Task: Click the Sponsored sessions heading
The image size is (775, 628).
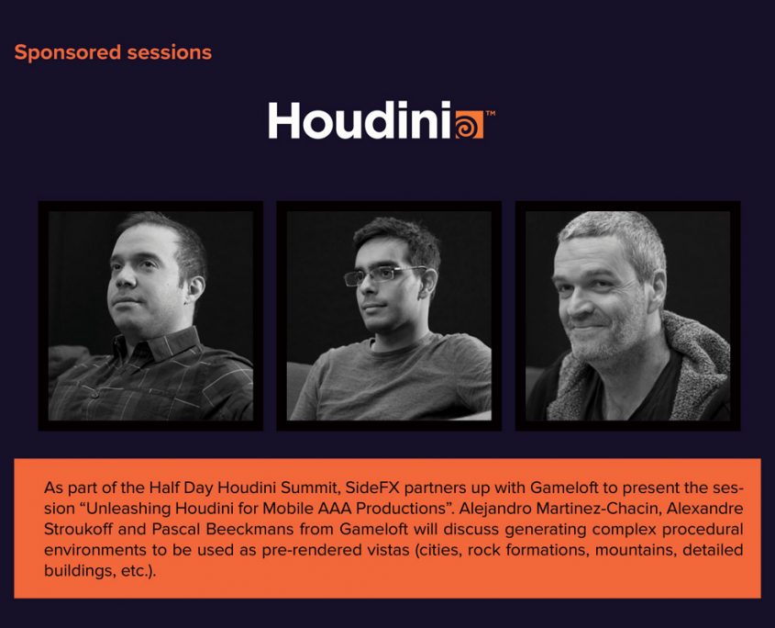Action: pos(113,53)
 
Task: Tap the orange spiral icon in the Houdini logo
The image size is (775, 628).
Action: pos(469,124)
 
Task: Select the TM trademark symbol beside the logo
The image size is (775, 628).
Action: pos(491,113)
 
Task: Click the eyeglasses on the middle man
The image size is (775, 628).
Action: pos(383,275)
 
